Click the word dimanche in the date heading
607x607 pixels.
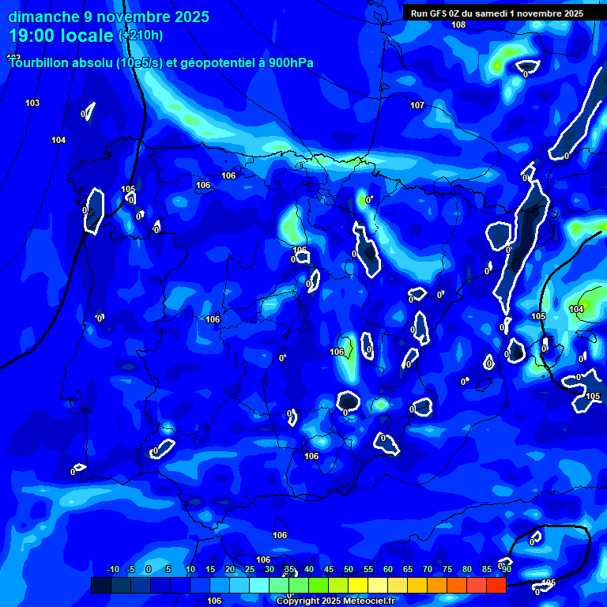click(42, 17)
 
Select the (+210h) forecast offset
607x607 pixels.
click(141, 35)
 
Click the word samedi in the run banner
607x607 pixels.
click(489, 13)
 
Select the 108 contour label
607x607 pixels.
click(458, 25)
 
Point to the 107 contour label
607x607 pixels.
click(417, 105)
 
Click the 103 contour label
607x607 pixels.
click(32, 104)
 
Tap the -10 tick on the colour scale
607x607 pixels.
click(112, 569)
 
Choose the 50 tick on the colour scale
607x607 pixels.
click(349, 569)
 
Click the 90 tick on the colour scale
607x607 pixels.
click(506, 569)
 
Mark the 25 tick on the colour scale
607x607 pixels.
click(249, 569)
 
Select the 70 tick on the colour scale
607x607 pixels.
click(428, 569)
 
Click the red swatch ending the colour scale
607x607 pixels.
click(496, 585)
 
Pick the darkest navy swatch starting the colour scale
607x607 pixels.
click(100, 585)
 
